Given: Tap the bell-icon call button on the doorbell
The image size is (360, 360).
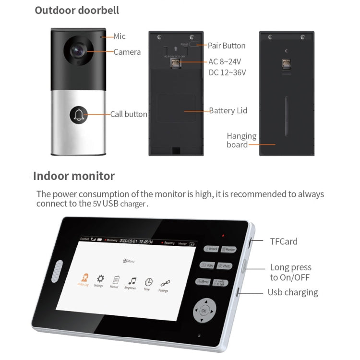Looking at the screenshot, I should (x=79, y=114).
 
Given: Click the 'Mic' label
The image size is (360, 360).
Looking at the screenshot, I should (x=120, y=36).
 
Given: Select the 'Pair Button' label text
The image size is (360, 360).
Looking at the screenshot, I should (x=227, y=46).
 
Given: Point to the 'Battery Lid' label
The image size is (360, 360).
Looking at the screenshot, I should (x=228, y=110).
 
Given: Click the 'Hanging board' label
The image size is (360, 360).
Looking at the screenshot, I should (x=241, y=140).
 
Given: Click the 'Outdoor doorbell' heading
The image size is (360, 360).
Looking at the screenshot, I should (x=77, y=10).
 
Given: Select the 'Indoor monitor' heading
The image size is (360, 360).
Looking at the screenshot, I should (x=74, y=176).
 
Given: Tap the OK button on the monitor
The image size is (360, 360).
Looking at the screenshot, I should (x=204, y=311).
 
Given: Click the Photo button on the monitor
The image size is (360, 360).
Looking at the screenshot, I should (x=225, y=266).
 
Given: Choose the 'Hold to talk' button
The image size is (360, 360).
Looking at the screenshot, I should (x=221, y=283).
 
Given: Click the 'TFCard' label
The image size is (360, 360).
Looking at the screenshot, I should (x=283, y=241).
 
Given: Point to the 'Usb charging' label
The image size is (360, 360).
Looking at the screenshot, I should (x=292, y=292).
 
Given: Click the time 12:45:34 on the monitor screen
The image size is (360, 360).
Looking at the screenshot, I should (x=146, y=241).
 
